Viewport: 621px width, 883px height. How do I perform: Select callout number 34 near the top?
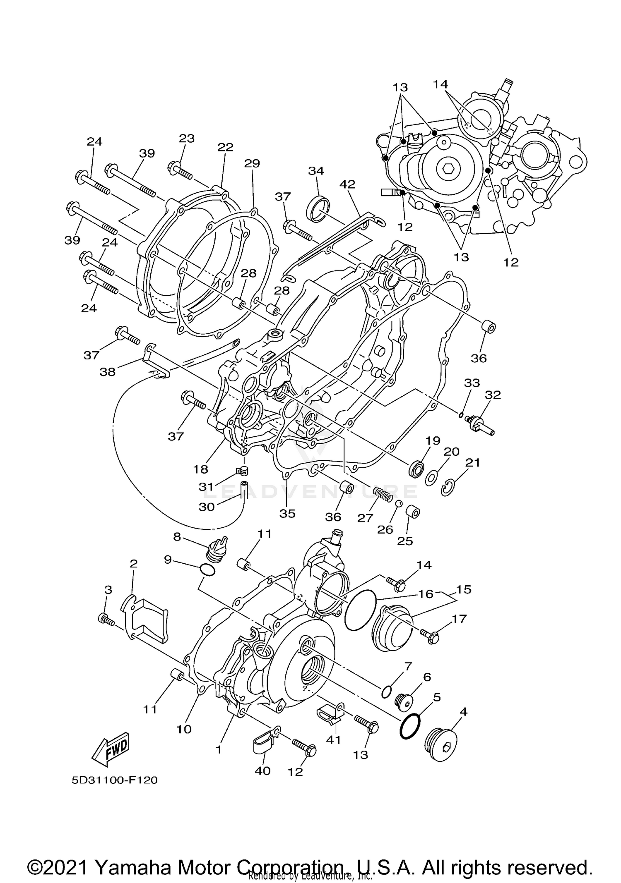[316, 171]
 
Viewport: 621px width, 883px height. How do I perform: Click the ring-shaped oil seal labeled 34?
[318, 209]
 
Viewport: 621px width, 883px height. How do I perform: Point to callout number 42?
[347, 184]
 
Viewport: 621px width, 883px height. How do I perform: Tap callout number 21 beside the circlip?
[472, 462]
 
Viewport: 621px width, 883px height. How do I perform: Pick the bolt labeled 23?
[180, 170]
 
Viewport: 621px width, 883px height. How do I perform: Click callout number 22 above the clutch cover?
[226, 147]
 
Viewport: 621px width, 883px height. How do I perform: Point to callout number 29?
[252, 163]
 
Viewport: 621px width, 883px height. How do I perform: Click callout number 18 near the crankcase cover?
[200, 469]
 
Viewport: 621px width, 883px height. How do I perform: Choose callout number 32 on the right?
[493, 395]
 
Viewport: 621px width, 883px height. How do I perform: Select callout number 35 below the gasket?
[287, 513]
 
